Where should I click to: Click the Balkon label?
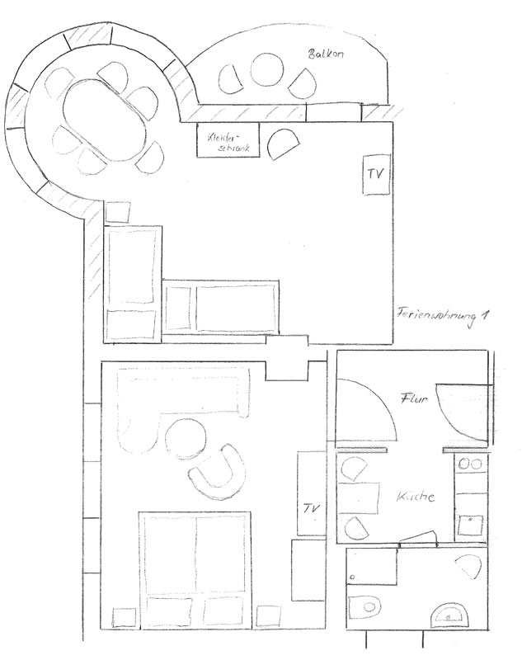326,54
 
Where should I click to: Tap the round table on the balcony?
267,70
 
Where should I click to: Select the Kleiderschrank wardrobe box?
228,140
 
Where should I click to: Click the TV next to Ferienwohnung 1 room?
377,174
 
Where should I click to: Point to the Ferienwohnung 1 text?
443,316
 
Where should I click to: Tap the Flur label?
414,398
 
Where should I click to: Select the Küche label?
416,497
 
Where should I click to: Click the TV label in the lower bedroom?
312,508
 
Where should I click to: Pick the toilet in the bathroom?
364,607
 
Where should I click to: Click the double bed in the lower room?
195,569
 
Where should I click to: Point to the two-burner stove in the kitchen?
470,464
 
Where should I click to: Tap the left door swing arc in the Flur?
375,403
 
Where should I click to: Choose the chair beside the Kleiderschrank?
282,144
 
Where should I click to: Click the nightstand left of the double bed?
124,617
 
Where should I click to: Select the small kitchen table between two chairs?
358,498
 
